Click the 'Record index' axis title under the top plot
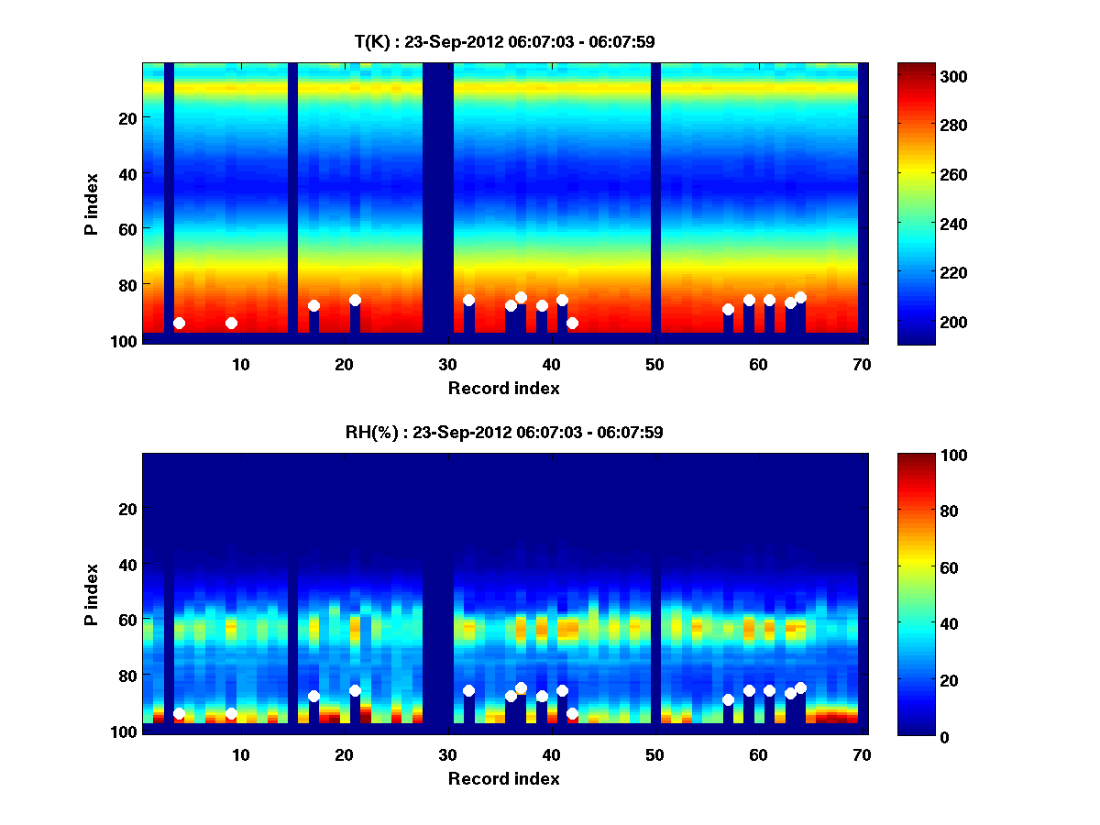tap(503, 388)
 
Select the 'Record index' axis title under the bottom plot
tap(503, 778)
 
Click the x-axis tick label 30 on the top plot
tap(447, 364)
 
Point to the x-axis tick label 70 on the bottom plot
tap(862, 754)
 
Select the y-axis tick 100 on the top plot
tap(126, 340)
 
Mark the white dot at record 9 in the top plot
tap(231, 323)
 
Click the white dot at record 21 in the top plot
tap(355, 300)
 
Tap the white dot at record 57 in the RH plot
tap(728, 700)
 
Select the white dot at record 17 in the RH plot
tap(313, 697)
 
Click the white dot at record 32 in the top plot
tap(468, 300)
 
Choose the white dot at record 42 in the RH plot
tap(572, 713)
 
